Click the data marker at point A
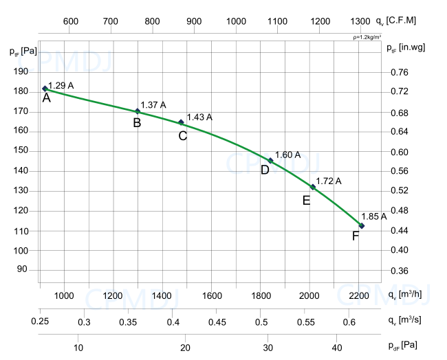click(45, 89)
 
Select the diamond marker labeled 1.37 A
click(138, 111)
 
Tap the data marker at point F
click(362, 226)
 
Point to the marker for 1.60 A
click(270, 161)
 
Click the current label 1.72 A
click(328, 181)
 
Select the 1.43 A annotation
click(199, 117)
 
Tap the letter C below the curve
click(182, 136)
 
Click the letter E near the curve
click(306, 201)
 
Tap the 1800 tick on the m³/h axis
click(261, 296)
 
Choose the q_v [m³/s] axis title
click(406, 320)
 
